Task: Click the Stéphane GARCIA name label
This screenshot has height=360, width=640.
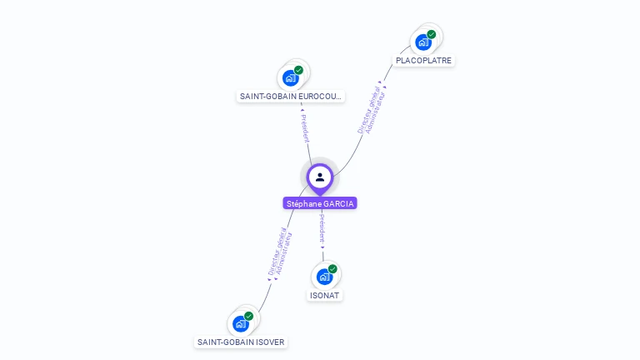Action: point(320,203)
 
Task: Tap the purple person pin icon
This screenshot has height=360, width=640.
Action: point(320,177)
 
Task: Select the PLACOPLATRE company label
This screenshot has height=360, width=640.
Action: point(423,61)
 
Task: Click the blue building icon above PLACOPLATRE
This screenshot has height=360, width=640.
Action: point(423,42)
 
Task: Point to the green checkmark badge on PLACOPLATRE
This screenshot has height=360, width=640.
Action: point(432,34)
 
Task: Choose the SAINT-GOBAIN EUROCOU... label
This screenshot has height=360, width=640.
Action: point(291,97)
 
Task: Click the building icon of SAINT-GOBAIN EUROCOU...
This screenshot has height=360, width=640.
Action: point(290,77)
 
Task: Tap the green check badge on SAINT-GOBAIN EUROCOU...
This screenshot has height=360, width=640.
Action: point(298,70)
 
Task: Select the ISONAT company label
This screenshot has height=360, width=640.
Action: point(326,295)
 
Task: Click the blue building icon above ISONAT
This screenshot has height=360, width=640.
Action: point(324,277)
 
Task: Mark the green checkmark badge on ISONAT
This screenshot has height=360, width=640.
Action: point(332,269)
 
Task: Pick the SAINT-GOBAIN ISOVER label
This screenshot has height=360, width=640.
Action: point(241,342)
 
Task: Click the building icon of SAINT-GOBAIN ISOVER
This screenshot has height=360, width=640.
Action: point(240,323)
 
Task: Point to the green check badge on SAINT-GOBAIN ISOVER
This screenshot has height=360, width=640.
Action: point(248,316)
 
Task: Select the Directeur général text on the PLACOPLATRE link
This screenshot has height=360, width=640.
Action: point(367,109)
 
